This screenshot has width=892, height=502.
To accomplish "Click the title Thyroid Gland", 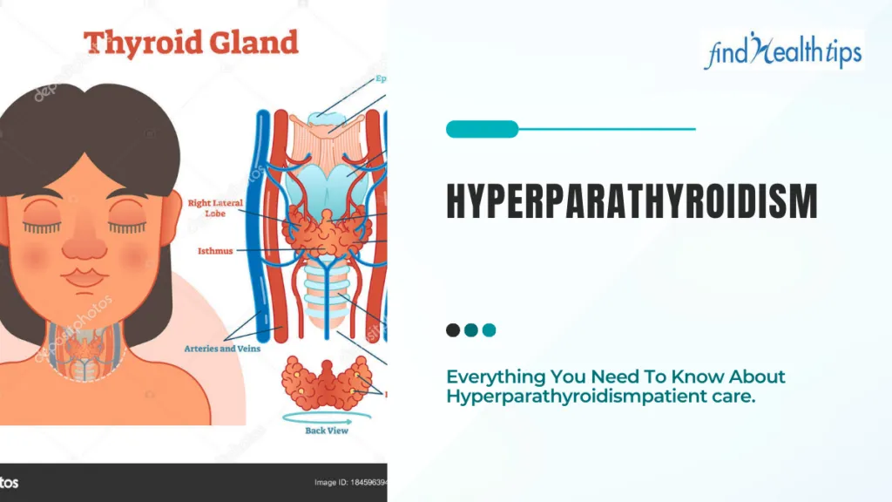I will [x=190, y=43].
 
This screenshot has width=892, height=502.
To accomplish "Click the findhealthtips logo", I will [x=782, y=51].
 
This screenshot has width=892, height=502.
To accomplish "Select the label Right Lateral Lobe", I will [x=212, y=207].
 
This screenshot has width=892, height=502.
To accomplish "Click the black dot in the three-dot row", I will [x=453, y=330].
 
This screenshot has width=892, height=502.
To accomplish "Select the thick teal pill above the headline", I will [x=482, y=130].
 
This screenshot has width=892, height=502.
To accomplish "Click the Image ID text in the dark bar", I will [x=348, y=483].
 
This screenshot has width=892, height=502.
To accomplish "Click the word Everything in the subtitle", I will [x=495, y=377].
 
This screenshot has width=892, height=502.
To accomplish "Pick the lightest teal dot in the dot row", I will [x=490, y=330].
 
